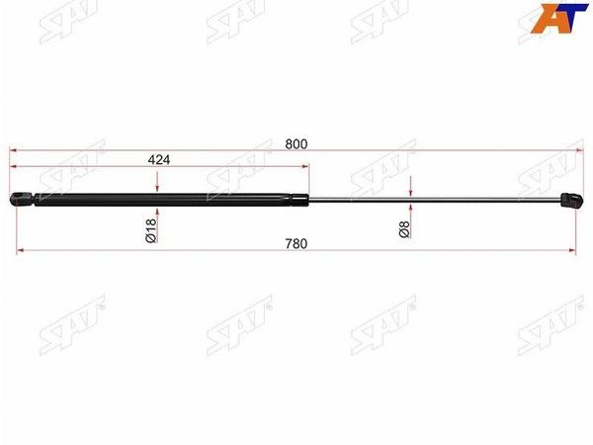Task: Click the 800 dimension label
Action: tap(296, 144)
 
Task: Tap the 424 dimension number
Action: tap(159, 160)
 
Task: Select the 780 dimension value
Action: tap(296, 244)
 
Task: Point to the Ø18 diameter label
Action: tap(150, 230)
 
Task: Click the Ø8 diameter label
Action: tap(404, 229)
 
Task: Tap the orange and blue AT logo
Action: tap(559, 18)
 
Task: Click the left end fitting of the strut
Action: tap(22, 199)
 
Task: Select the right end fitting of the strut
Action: tap(571, 201)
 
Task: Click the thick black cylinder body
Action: tap(163, 200)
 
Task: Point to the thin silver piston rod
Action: tap(435, 200)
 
